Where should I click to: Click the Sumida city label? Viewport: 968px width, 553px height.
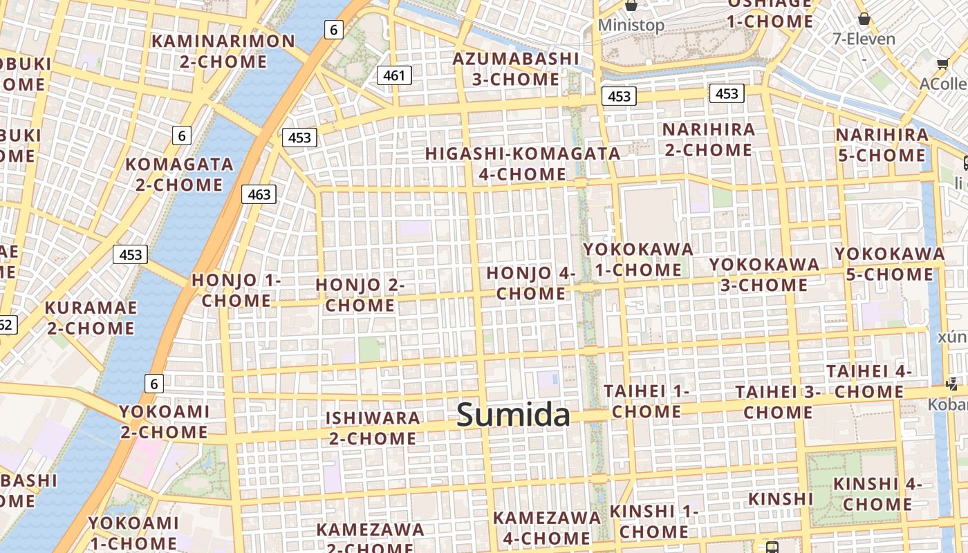coord(513,415)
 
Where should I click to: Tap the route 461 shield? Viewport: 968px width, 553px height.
coord(394,75)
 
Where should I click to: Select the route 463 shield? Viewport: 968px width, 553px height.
coord(259,194)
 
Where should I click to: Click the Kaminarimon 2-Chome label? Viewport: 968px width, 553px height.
coord(223,51)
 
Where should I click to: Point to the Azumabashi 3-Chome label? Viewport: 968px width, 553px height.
coord(516,68)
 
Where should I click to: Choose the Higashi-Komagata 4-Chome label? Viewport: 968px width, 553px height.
coord(523,164)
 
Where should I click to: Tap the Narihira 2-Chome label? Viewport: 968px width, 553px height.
coord(709,140)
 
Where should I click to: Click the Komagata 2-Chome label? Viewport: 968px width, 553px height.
coord(179,175)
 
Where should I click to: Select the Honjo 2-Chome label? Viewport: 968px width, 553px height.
coord(360,294)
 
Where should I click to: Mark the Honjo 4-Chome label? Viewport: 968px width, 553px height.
coord(531,283)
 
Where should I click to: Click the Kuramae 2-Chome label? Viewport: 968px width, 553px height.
coord(90,317)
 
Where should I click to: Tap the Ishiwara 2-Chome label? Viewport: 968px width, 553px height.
coord(373,428)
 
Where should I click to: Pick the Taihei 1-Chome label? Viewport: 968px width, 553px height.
coord(646,402)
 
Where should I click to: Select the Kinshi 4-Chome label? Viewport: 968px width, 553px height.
coord(877,494)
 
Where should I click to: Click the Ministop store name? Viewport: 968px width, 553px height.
coord(631,26)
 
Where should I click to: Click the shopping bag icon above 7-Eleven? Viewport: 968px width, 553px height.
coord(864,19)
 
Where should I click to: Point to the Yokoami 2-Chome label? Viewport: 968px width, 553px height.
coord(164,422)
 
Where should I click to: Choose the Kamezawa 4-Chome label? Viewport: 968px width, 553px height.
coord(546,527)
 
